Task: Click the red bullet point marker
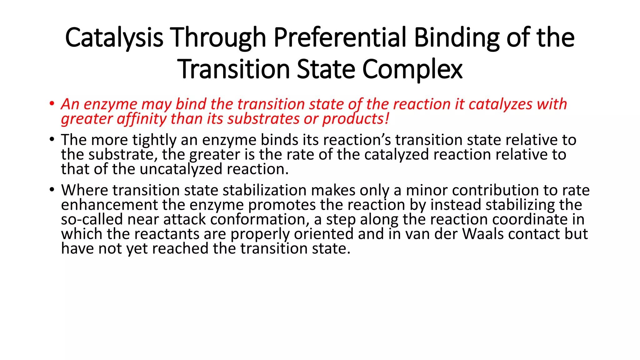[52, 104]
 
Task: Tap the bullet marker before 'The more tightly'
[52, 140]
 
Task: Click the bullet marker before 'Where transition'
[52, 190]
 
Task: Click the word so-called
[92, 219]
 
